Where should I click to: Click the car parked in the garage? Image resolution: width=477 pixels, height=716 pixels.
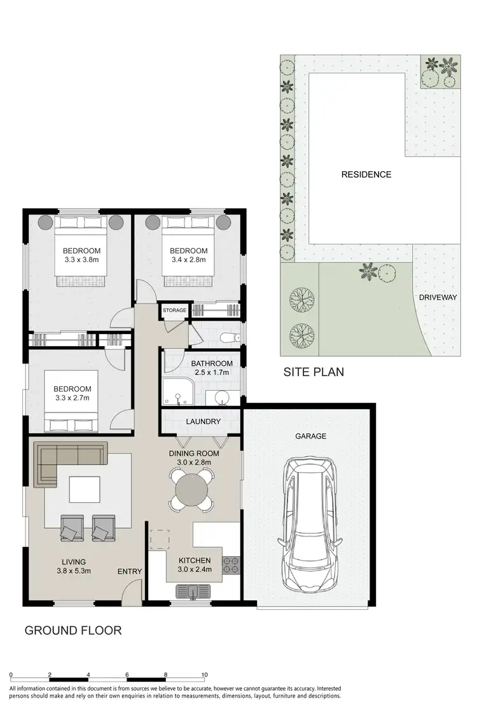tap(312, 523)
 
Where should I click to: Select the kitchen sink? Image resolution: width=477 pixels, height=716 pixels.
tap(194, 592)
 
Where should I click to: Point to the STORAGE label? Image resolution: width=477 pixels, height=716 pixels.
tap(174, 311)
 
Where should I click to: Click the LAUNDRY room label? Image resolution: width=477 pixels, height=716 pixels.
tap(203, 421)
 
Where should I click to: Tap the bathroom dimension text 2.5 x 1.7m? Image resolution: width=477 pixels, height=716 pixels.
tap(212, 374)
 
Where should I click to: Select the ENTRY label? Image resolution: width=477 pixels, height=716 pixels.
tap(130, 572)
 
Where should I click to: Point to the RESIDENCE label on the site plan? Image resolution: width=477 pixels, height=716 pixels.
tap(366, 174)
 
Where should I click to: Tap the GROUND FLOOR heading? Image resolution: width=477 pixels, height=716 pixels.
tap(73, 631)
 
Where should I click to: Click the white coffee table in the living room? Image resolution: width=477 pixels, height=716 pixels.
tap(84, 489)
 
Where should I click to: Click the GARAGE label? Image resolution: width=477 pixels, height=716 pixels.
tap(310, 436)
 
